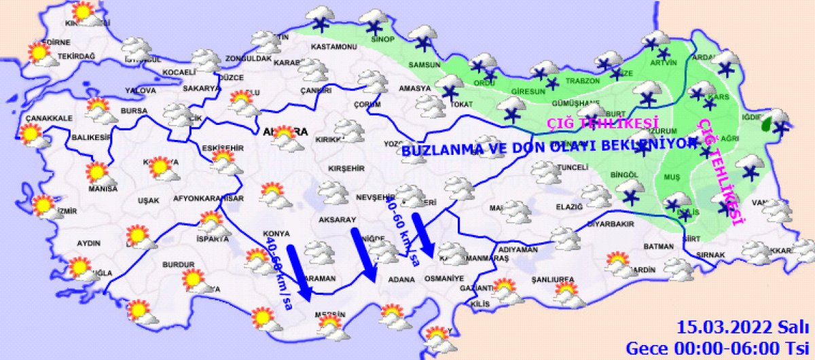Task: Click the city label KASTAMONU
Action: tap(333, 47)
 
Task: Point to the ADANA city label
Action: tap(402, 279)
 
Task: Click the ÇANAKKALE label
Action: tap(49, 118)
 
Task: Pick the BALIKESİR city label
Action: tap(91, 137)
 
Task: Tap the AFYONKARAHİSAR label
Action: tap(209, 199)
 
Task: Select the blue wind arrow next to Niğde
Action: tap(363, 255)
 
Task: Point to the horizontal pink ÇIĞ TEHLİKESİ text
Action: tap(603, 123)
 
